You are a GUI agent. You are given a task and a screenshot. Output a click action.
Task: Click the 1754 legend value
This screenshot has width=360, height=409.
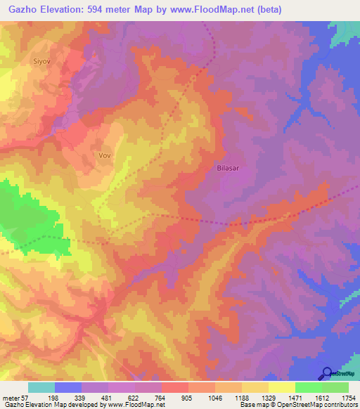349,396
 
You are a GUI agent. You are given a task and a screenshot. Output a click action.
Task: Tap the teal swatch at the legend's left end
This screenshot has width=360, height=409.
41,387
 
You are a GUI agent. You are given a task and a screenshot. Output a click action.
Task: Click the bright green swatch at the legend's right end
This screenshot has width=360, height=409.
335,387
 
